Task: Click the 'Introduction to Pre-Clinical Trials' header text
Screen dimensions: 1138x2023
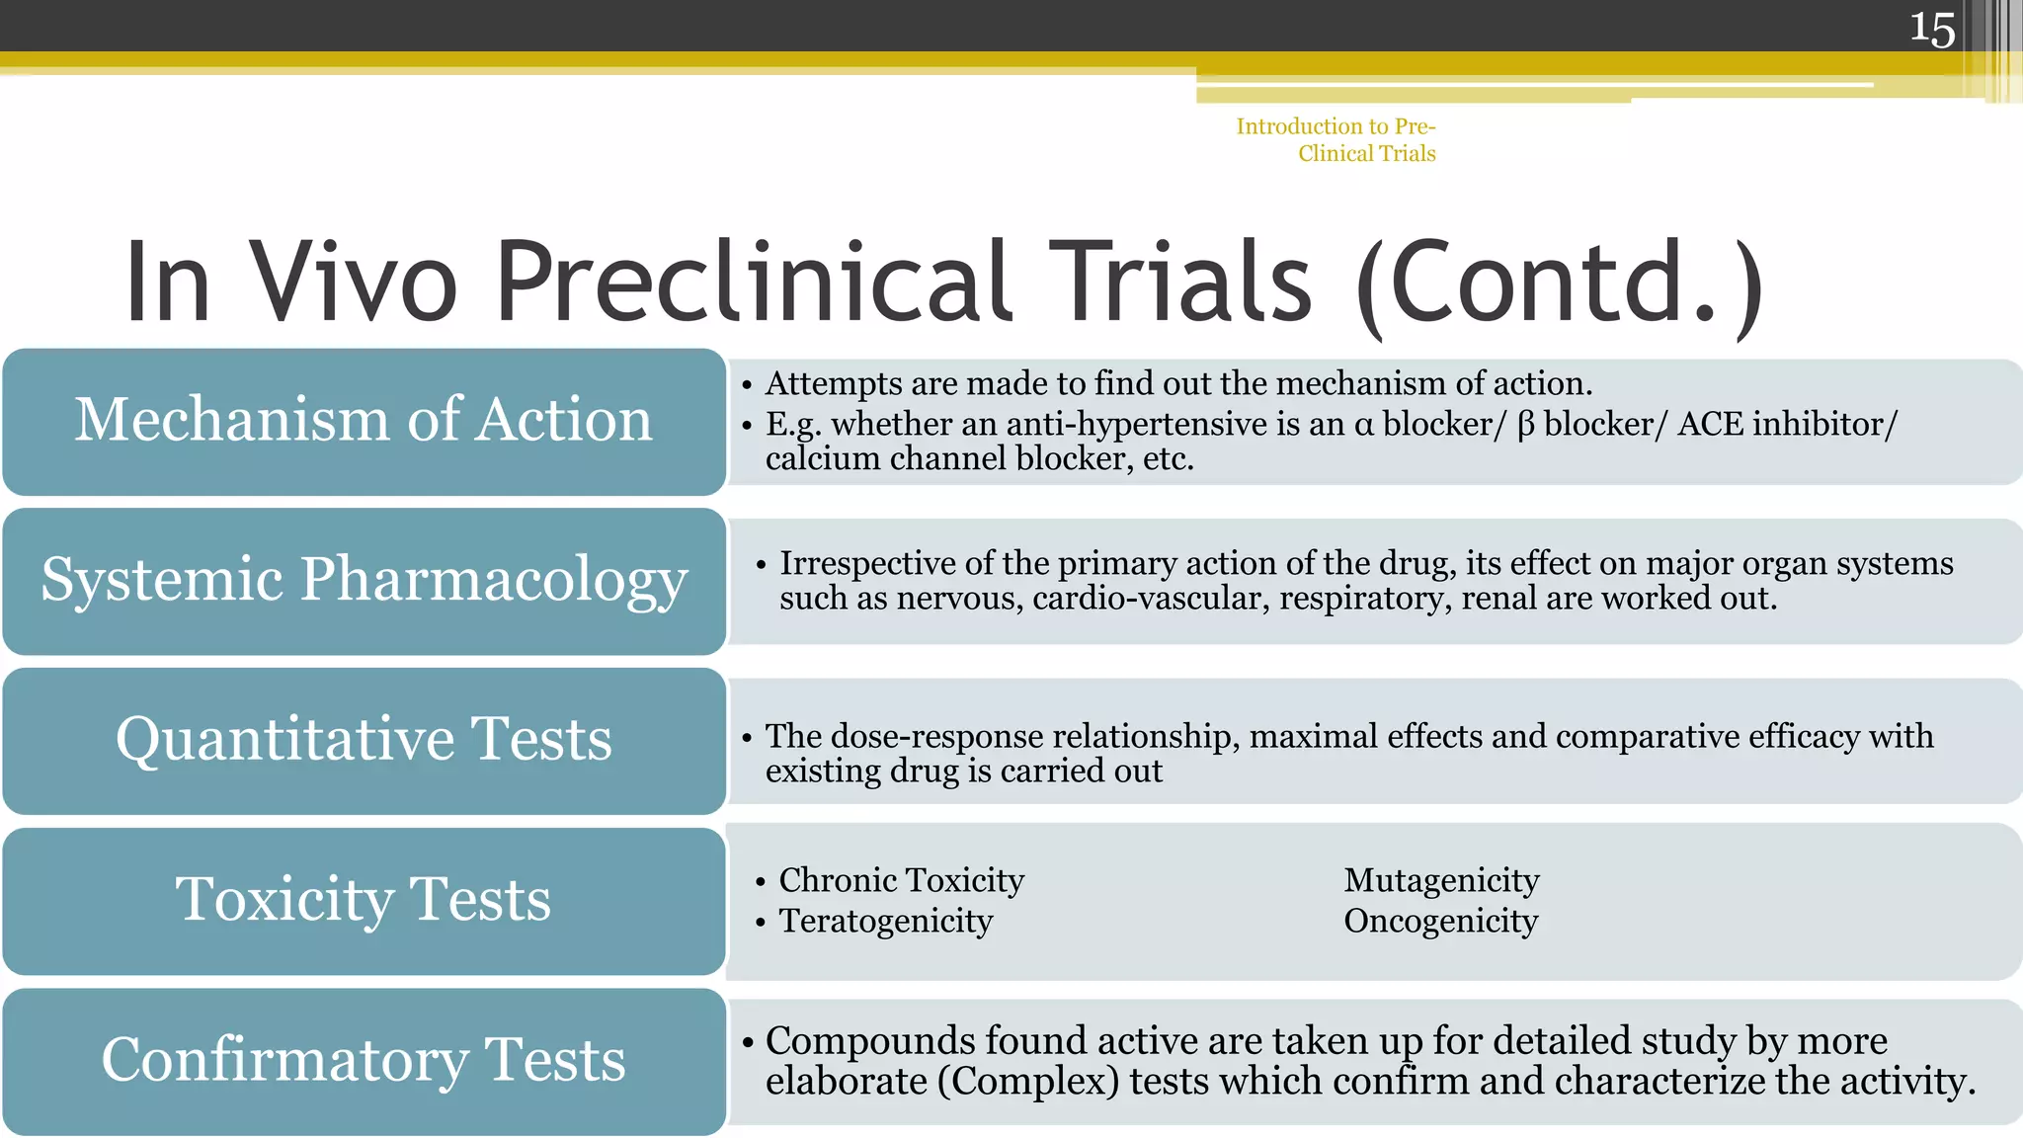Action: (1336, 139)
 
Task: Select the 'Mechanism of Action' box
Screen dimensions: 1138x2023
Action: (364, 421)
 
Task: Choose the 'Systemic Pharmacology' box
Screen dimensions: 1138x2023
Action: (364, 580)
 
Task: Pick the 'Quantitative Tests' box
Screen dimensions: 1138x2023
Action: (364, 740)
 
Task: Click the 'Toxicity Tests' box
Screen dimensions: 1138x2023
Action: (364, 900)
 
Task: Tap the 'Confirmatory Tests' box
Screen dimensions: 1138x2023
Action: (364, 1060)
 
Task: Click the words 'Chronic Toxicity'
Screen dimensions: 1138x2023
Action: (901, 880)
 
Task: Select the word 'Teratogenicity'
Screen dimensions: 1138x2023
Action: (885, 921)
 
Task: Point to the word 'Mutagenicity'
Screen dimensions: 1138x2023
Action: (1441, 880)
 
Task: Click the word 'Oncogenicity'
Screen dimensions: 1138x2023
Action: (1440, 921)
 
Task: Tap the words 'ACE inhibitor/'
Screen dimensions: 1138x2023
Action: (1787, 424)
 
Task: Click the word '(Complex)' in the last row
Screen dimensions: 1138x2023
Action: (1028, 1082)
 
